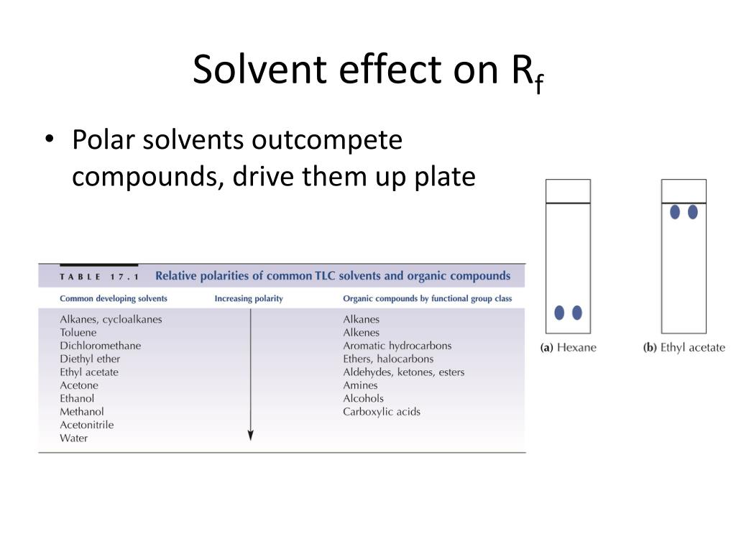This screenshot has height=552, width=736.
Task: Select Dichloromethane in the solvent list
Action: [100, 346]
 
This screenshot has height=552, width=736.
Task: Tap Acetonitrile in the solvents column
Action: [86, 425]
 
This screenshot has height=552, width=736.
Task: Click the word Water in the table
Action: [73, 438]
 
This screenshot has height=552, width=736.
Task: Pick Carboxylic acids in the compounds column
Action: [381, 412]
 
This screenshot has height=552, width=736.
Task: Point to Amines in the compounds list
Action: [360, 385]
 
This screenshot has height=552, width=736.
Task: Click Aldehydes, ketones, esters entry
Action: [403, 372]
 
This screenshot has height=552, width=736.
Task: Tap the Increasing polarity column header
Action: [249, 298]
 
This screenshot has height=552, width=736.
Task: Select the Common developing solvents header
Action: [114, 298]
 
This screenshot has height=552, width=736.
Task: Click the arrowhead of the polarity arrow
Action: [250, 435]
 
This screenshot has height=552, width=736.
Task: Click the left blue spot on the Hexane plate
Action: [559, 313]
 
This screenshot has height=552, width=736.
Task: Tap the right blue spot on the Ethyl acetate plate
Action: [693, 212]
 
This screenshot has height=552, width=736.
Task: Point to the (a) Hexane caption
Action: [568, 348]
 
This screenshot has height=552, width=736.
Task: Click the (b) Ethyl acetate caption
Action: [684, 348]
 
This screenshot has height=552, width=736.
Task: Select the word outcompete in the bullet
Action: [327, 139]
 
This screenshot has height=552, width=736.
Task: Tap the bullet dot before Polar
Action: [49, 140]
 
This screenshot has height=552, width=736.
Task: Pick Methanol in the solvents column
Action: [81, 412]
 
